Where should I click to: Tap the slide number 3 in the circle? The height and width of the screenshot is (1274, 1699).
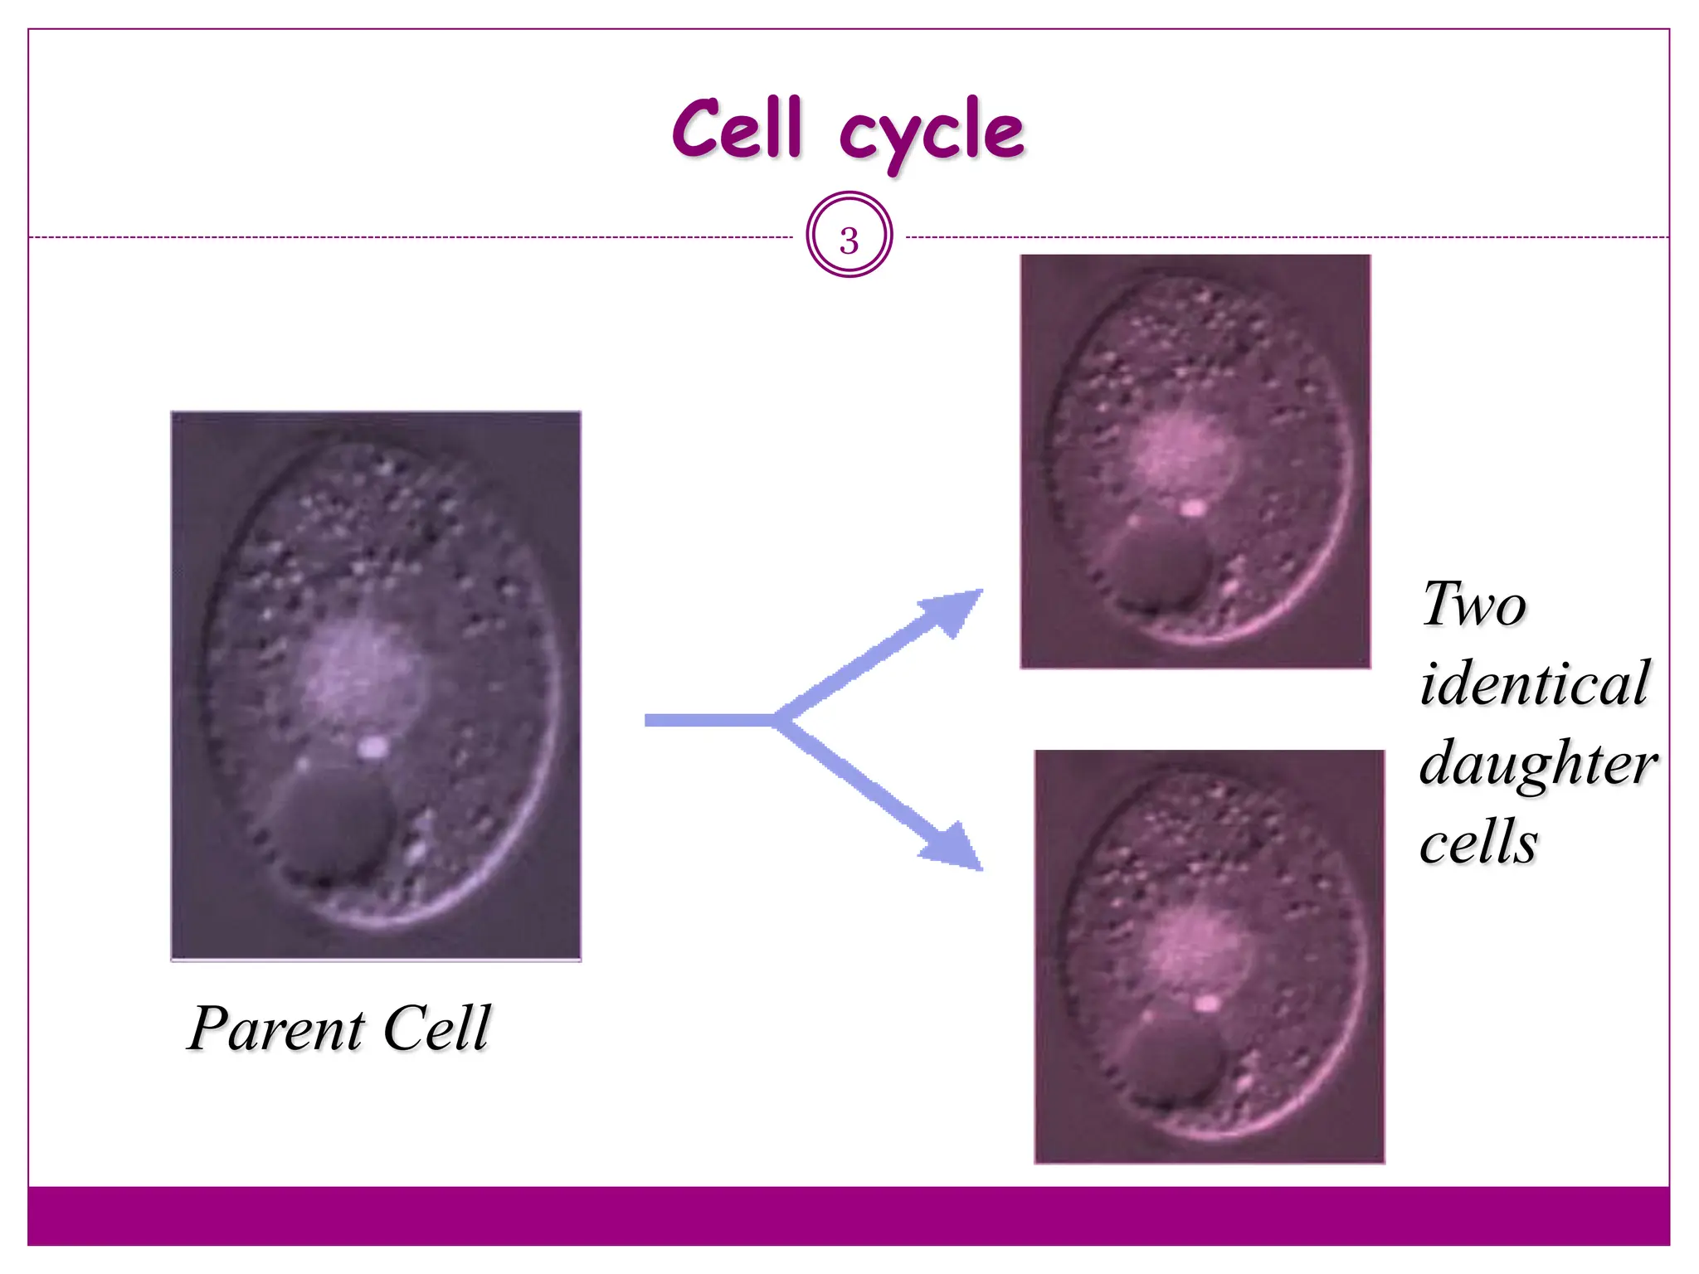point(849,240)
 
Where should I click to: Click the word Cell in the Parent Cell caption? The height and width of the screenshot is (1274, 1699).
point(437,1028)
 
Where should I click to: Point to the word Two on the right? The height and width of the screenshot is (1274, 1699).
point(1473,605)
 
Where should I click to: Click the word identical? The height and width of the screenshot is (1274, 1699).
point(1535,683)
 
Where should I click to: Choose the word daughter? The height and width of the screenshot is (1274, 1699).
point(1538,763)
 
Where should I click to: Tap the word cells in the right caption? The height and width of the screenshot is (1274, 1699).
point(1478,842)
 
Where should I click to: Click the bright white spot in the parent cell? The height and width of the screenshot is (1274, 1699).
point(372,747)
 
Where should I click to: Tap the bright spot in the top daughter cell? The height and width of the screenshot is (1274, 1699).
point(1192,508)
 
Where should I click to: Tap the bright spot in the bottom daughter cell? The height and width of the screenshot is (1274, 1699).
point(1207,1004)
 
